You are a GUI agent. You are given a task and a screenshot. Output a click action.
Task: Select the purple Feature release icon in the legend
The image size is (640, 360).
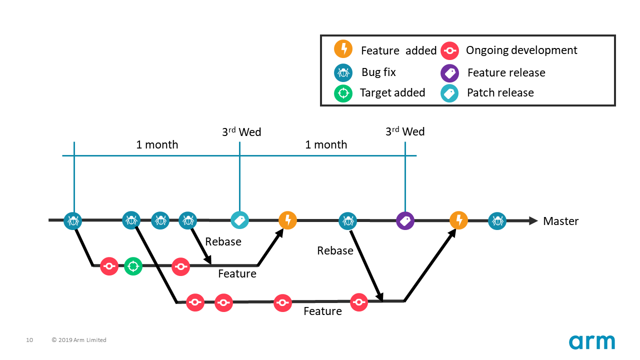click(x=449, y=73)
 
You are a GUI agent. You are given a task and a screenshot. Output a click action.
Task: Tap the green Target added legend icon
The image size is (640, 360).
click(x=343, y=93)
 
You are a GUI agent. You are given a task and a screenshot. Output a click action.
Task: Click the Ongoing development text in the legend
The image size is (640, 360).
click(x=521, y=50)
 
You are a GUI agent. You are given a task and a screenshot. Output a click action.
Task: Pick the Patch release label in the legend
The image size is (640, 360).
click(x=500, y=93)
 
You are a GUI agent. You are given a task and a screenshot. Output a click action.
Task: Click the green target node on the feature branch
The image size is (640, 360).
click(x=133, y=266)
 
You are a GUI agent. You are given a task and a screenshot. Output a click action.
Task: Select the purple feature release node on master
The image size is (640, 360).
click(x=405, y=220)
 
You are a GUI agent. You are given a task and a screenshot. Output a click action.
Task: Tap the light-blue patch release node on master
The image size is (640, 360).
click(x=239, y=220)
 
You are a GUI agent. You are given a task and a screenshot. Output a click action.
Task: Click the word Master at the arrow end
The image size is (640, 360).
click(x=560, y=221)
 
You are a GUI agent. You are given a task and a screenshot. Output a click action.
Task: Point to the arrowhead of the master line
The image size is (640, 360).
click(x=533, y=220)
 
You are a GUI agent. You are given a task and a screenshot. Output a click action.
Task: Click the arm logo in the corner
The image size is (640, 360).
click(x=591, y=342)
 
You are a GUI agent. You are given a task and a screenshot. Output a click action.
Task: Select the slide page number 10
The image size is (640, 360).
click(x=29, y=340)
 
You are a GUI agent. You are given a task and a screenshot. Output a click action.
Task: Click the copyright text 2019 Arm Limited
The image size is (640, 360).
click(x=79, y=340)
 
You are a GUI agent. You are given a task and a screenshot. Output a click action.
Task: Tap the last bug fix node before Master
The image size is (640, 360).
click(x=497, y=220)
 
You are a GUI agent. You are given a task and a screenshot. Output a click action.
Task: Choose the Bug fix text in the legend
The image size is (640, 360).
click(x=378, y=72)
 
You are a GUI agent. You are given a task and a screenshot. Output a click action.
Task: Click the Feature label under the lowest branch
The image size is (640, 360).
click(x=322, y=311)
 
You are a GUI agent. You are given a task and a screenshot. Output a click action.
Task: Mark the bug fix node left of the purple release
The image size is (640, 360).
click(x=347, y=220)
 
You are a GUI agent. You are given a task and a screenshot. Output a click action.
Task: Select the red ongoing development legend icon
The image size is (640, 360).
click(x=449, y=50)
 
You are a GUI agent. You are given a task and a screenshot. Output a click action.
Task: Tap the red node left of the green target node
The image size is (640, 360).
click(x=109, y=266)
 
